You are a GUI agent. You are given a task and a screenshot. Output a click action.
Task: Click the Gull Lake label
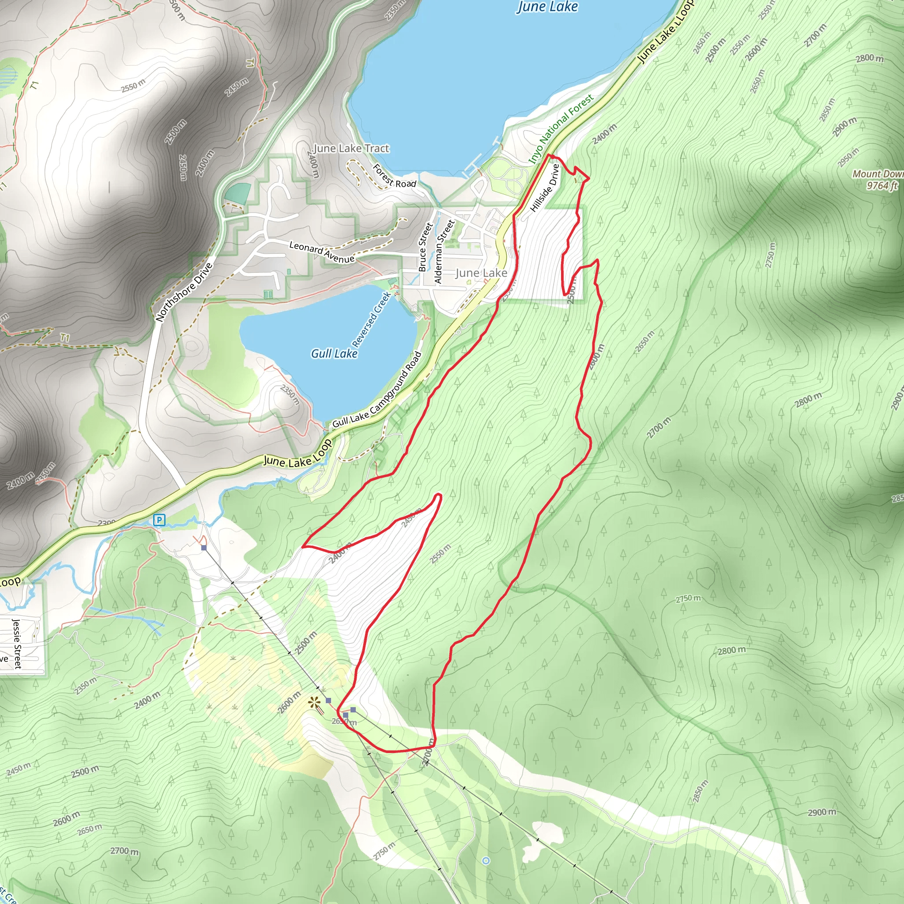[x=334, y=354]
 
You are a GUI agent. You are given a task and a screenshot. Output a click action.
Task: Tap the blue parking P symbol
[x=159, y=520]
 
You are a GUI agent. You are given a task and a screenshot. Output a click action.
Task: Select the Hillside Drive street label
[x=545, y=187]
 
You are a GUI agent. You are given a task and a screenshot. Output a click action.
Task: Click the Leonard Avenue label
[x=321, y=252]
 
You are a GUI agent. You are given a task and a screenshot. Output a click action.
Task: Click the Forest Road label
[x=394, y=176]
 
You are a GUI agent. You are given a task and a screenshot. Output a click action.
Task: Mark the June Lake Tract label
[x=351, y=148]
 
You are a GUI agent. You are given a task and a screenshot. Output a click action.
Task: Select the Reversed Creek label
[x=371, y=319]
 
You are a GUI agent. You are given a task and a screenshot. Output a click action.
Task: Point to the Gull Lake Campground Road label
[x=377, y=390]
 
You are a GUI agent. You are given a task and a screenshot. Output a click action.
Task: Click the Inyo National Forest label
[x=561, y=129]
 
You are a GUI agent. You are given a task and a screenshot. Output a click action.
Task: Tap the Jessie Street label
[x=17, y=644]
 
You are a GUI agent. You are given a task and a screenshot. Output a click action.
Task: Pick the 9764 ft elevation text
[x=881, y=186]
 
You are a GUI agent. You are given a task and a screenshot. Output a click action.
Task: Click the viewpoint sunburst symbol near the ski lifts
[x=313, y=702]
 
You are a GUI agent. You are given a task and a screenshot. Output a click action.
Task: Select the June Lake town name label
[x=481, y=273]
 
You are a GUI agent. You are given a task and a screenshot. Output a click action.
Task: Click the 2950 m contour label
[x=848, y=157]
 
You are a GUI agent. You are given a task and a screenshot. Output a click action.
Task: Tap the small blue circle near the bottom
[x=486, y=860]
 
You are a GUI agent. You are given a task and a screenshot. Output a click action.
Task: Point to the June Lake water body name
[x=547, y=7]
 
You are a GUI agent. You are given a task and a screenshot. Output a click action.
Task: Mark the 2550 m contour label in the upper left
[x=133, y=86]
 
